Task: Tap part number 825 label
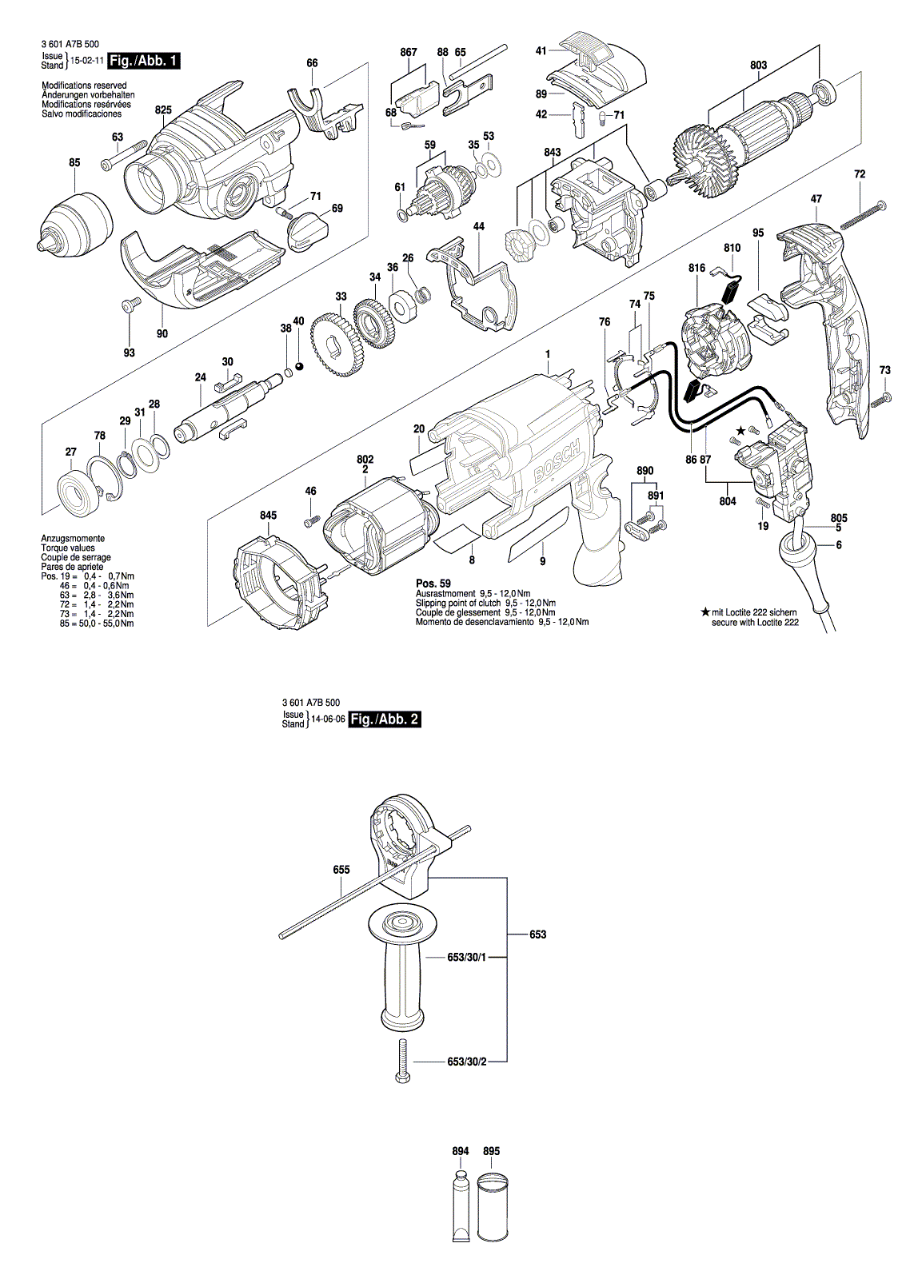click(163, 110)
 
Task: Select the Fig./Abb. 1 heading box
click(145, 61)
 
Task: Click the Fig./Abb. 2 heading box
click(385, 719)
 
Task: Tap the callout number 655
click(341, 870)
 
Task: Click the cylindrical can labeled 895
click(493, 1207)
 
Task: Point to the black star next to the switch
click(740, 431)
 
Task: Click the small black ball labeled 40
click(299, 367)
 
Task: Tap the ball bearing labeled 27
click(78, 489)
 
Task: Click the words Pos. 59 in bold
click(433, 584)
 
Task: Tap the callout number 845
click(268, 516)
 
